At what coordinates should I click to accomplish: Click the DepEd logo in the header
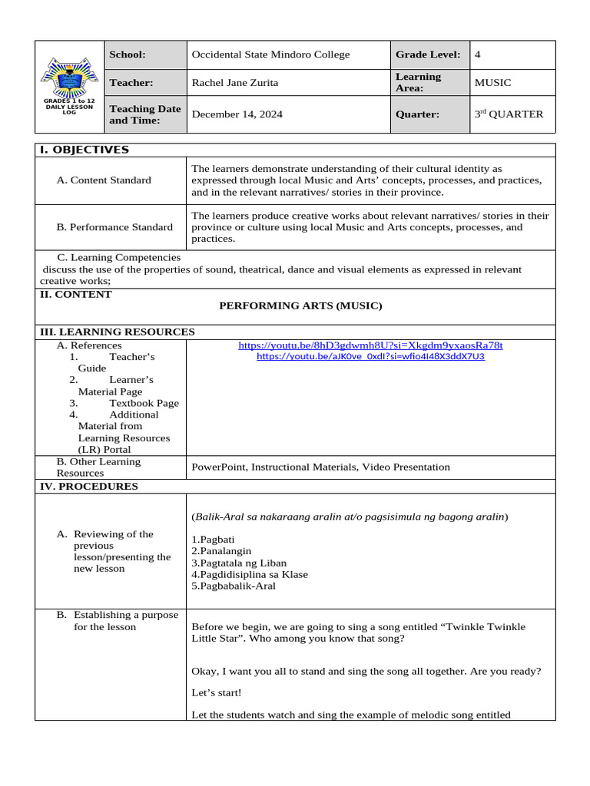[69, 80]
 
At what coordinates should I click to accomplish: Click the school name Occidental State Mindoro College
[270, 54]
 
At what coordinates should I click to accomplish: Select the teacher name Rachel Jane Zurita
[234, 83]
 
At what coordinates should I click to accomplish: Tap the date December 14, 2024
[237, 114]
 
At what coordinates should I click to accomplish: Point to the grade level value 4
[478, 54]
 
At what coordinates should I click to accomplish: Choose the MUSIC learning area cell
[492, 83]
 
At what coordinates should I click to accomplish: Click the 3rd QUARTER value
[509, 114]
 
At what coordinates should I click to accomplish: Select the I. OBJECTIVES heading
[85, 150]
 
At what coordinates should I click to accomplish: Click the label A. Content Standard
[104, 180]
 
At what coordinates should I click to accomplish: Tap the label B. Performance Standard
[114, 227]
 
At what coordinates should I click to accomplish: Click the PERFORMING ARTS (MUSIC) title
[300, 305]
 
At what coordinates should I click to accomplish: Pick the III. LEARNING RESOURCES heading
[117, 332]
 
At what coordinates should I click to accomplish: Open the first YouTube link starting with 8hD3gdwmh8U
[370, 345]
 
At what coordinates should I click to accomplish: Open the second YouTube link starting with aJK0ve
[370, 357]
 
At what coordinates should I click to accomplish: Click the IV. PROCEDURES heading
[89, 486]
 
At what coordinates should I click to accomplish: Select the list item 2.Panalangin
[221, 551]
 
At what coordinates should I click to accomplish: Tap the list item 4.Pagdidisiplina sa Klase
[249, 574]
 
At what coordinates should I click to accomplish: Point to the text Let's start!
[216, 693]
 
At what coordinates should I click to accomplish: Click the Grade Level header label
[427, 54]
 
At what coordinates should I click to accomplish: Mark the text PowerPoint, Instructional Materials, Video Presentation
[320, 467]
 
